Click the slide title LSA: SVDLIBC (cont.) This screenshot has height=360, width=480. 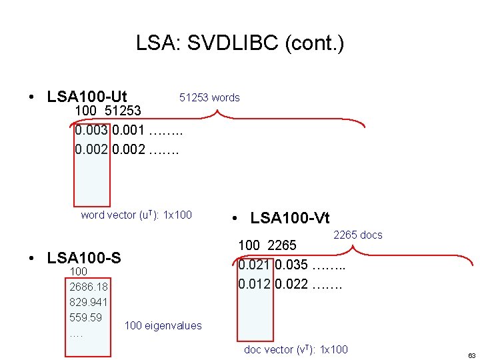(x=240, y=44)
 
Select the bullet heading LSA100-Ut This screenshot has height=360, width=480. (x=87, y=96)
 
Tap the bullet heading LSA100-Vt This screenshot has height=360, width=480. (x=290, y=217)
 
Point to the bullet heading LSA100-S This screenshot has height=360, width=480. (x=84, y=257)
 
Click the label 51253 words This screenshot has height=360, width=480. (x=209, y=97)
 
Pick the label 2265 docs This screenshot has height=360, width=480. (x=357, y=235)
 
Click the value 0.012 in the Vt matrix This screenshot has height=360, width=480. (x=255, y=285)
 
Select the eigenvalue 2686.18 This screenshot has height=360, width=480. (x=89, y=287)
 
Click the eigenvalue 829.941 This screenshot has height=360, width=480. (x=89, y=302)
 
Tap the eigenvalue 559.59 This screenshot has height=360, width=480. (x=85, y=317)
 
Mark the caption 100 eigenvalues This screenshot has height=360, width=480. (x=163, y=325)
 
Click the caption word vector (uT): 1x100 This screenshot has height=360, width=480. (x=136, y=215)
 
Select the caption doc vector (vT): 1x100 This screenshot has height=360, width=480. (x=296, y=349)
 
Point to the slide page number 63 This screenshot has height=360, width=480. (x=471, y=355)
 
